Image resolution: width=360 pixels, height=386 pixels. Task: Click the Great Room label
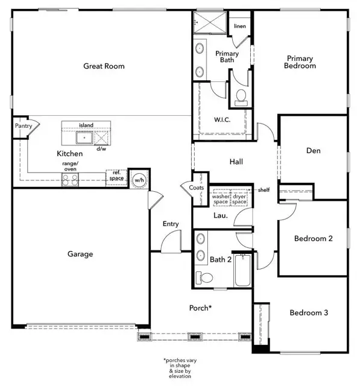tap(104, 66)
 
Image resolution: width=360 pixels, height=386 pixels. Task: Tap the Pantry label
tap(23, 126)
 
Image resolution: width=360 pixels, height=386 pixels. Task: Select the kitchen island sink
tap(84, 138)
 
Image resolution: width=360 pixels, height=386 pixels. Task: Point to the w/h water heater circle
tap(139, 179)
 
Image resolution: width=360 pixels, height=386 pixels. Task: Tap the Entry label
tap(171, 224)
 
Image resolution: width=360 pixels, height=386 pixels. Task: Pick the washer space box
tap(221, 198)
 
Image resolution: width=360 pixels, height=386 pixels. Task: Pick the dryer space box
tap(239, 198)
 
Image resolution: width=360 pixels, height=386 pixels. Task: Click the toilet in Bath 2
tap(204, 277)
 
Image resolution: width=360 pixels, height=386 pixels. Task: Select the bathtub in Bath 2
tap(243, 270)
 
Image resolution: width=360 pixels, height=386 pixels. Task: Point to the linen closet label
tap(239, 27)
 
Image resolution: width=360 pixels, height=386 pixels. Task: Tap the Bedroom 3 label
tap(309, 312)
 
